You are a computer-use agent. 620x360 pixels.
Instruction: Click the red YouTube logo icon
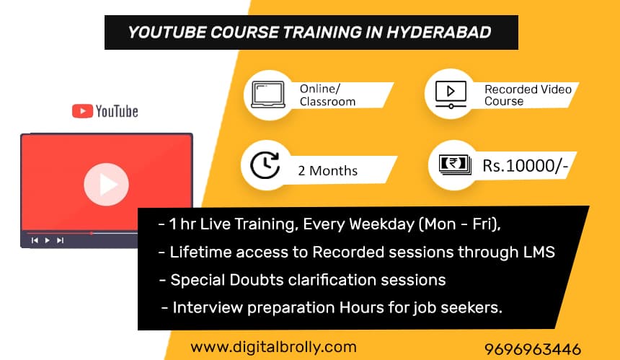click(x=82, y=111)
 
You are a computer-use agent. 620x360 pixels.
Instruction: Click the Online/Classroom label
click(x=327, y=95)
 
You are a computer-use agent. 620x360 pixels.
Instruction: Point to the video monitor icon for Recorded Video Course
click(x=451, y=94)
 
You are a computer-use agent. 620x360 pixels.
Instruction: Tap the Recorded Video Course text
click(x=528, y=95)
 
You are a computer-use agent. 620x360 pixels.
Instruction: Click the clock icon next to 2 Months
click(x=265, y=164)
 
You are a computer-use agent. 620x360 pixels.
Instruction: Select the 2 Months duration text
click(x=327, y=171)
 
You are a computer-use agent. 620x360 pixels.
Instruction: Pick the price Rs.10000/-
click(x=526, y=167)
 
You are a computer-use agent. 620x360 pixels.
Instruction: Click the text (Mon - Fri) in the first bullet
click(x=459, y=225)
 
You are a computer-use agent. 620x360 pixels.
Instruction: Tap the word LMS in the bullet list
click(x=539, y=253)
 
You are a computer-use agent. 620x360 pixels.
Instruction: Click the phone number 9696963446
click(x=533, y=349)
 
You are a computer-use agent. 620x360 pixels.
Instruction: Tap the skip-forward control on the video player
click(x=60, y=240)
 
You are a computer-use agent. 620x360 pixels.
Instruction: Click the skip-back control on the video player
click(x=34, y=240)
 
